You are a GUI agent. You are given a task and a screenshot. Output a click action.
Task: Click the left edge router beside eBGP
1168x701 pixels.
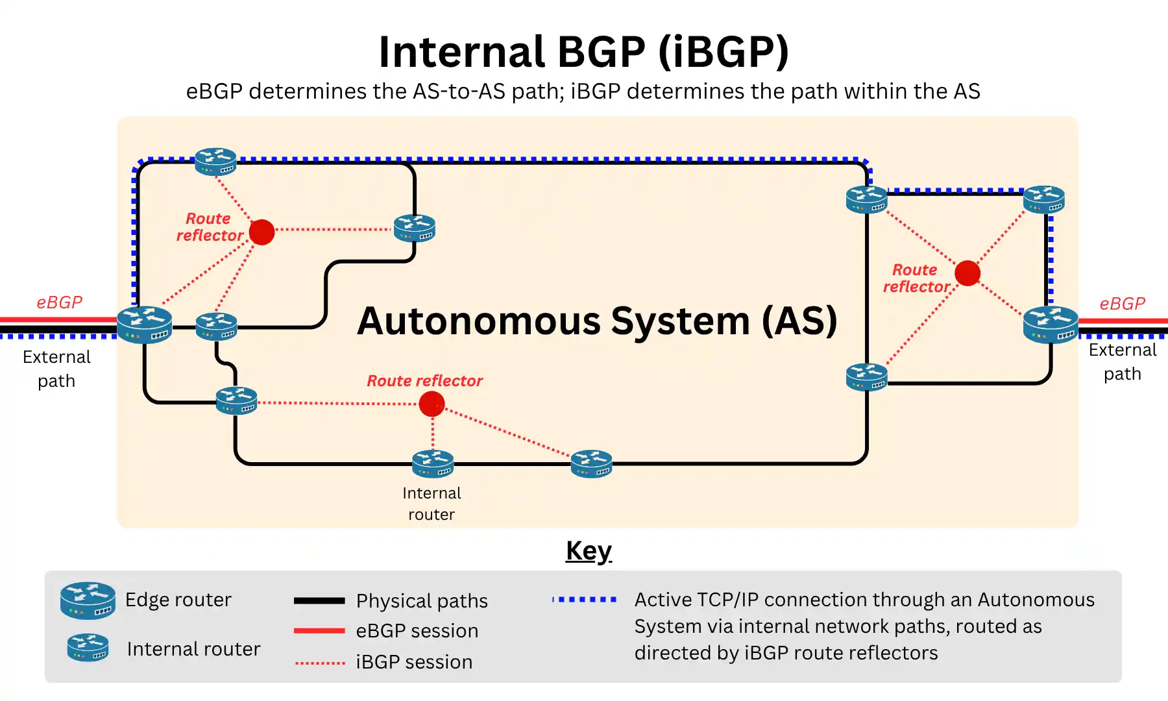(x=145, y=324)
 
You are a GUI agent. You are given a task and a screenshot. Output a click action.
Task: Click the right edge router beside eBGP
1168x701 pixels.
(x=1051, y=324)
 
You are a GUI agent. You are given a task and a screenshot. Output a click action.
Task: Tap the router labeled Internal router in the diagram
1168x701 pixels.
(x=433, y=463)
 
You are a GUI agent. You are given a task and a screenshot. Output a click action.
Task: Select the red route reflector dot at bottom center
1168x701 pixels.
(x=432, y=404)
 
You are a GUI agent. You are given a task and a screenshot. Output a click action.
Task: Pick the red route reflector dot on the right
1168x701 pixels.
(x=967, y=273)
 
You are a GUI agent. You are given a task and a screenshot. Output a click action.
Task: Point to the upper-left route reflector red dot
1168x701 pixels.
(x=262, y=232)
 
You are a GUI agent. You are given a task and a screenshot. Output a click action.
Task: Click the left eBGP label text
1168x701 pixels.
(x=59, y=302)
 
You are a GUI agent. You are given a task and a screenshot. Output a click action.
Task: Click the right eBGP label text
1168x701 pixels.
(x=1122, y=304)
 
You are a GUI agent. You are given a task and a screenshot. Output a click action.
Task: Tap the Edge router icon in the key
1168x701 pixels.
(x=88, y=600)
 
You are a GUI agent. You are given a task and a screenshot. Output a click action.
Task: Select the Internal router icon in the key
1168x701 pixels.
(x=88, y=647)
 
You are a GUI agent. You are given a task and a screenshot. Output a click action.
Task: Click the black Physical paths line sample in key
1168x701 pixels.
(x=319, y=600)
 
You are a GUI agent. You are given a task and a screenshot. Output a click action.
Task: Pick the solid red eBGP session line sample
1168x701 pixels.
(x=319, y=630)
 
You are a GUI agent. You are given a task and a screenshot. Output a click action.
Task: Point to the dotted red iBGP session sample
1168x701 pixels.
(x=319, y=663)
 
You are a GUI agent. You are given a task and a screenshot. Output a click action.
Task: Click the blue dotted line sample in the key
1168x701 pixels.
(x=584, y=599)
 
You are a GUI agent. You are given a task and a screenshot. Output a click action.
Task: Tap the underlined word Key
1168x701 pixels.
(x=589, y=551)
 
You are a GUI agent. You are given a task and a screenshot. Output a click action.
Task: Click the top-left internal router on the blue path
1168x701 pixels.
(x=215, y=162)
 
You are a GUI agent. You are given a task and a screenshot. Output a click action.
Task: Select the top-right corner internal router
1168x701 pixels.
(x=1043, y=199)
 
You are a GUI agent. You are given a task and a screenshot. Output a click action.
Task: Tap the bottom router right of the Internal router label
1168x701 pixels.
(x=591, y=463)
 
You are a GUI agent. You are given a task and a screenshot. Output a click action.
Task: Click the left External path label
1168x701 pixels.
(x=56, y=369)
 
